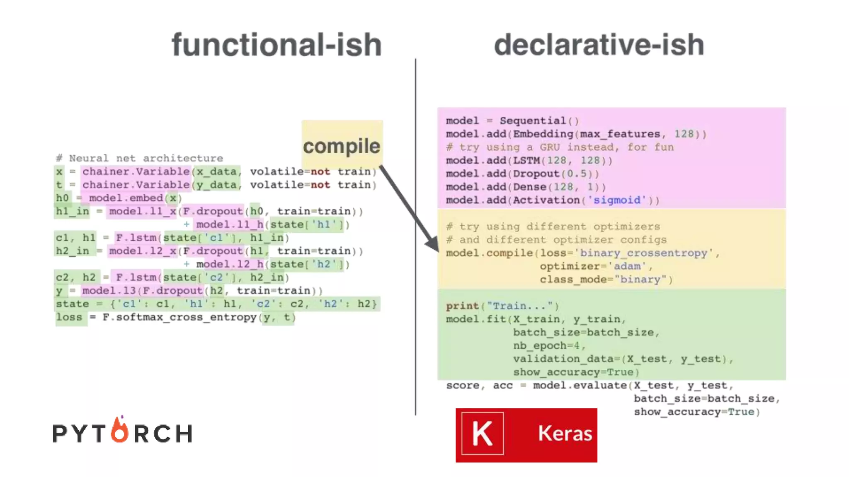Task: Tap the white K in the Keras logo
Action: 483,434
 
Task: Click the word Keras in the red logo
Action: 565,434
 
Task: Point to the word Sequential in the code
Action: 532,120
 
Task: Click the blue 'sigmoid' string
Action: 617,200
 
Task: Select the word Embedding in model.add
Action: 543,134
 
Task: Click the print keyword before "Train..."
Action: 462,306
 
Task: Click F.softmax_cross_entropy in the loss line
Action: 180,317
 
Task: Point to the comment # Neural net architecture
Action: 140,158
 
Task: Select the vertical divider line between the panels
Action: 415,236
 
